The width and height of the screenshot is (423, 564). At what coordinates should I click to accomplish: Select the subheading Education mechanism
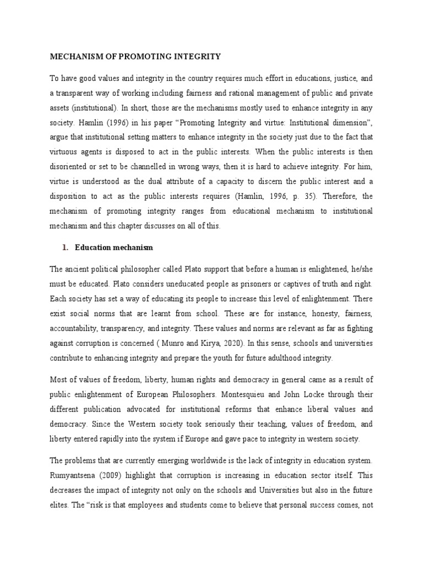pyautogui.click(x=114, y=248)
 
